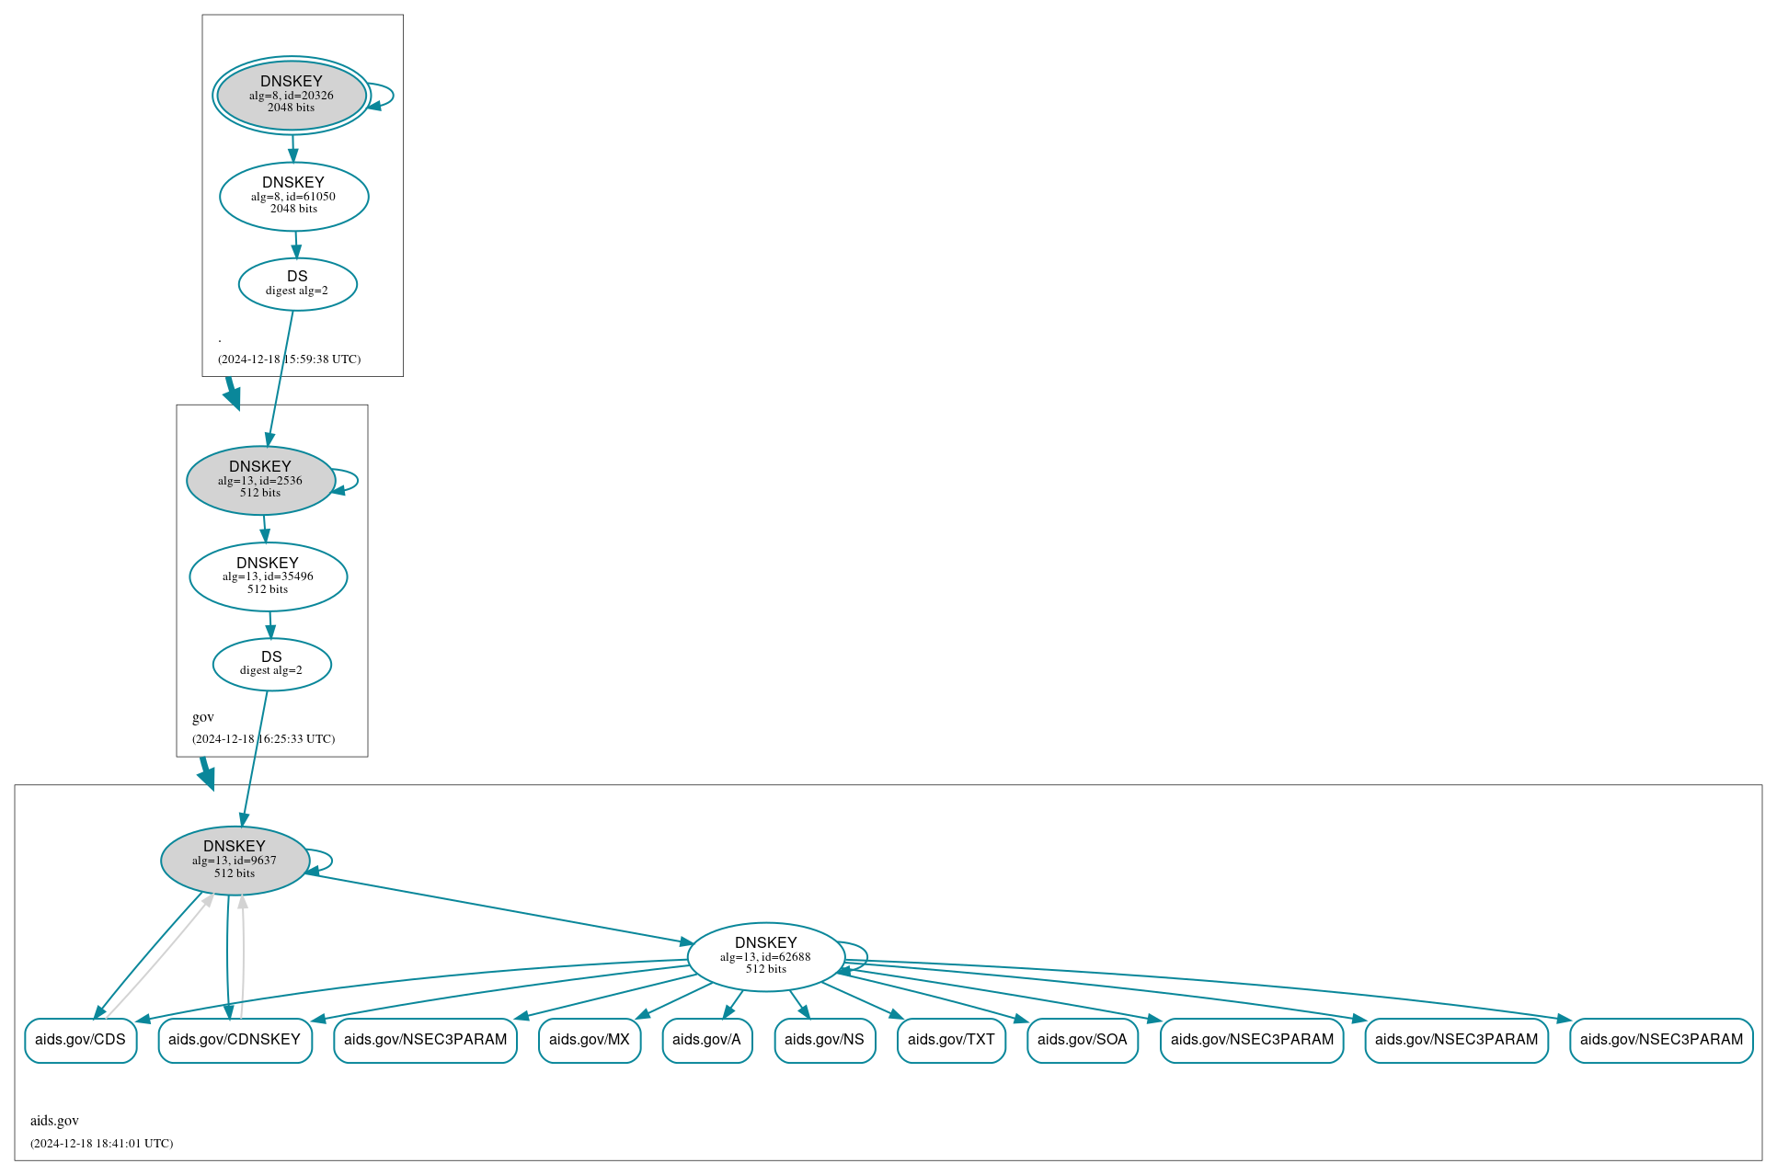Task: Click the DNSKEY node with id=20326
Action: tap(291, 95)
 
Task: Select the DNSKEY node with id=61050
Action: tap(293, 196)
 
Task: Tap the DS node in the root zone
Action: tap(297, 284)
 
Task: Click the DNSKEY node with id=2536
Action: tap(260, 480)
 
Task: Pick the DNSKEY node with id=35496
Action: tap(268, 576)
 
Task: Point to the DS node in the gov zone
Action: tap(271, 664)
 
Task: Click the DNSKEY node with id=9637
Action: tap(235, 861)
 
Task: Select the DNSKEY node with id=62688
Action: tap(765, 957)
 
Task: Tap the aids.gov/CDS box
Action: tap(80, 1040)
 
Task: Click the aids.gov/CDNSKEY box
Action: tap(235, 1040)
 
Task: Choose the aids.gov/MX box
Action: tap(589, 1040)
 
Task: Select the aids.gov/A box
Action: tap(706, 1040)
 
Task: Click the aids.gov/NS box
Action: tap(824, 1040)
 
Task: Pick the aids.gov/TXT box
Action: tap(951, 1040)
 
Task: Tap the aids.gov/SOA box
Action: tap(1082, 1040)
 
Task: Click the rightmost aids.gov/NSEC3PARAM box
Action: tap(1661, 1040)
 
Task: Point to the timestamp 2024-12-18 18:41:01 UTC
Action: tap(101, 1144)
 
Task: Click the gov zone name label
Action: tap(203, 717)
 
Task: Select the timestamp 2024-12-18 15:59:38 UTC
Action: tap(289, 359)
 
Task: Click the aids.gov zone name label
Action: tap(54, 1121)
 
